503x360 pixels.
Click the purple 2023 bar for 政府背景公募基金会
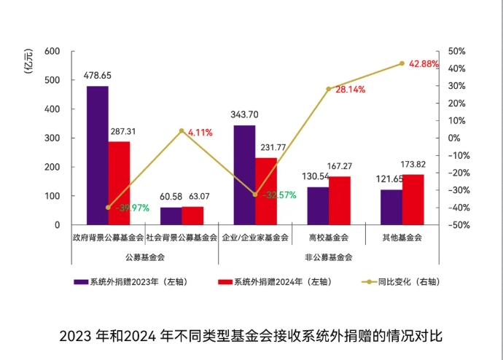coord(98,155)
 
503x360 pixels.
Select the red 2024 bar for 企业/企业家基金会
coord(266,192)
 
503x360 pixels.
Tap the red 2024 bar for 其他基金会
coord(413,200)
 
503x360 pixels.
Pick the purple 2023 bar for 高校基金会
coord(318,206)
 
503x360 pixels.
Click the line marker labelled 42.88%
coord(402,63)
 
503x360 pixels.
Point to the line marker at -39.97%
coord(108,208)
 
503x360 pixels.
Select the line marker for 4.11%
coord(182,130)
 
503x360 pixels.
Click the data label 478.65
coord(98,76)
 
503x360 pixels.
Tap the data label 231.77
coord(273,147)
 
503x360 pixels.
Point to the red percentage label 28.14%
coord(351,90)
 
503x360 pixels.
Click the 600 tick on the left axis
coord(52,51)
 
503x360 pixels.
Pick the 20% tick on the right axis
coord(457,103)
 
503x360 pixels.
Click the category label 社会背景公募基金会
coord(182,238)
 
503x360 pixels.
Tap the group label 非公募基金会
coord(329,257)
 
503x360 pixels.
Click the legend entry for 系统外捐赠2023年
coord(130,282)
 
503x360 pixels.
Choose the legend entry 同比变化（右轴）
coord(401,282)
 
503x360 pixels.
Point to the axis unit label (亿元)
coord(28,61)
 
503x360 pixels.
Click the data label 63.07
coord(199,196)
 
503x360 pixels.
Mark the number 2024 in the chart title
coord(140,336)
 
